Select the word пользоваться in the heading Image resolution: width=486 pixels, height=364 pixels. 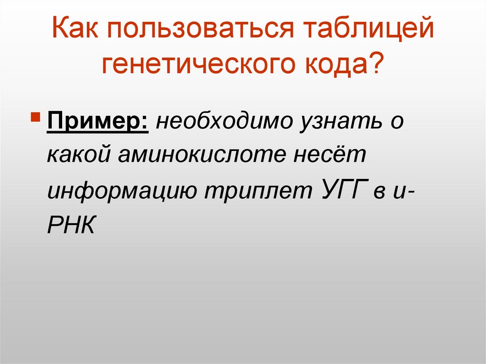pos(200,29)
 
